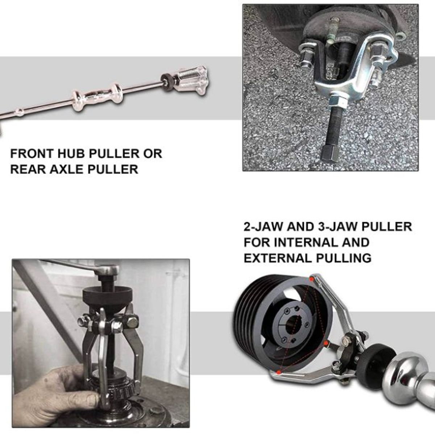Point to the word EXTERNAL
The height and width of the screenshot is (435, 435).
tap(275, 258)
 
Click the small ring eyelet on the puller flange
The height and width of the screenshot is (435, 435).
tap(400, 36)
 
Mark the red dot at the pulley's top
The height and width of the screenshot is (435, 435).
tap(312, 278)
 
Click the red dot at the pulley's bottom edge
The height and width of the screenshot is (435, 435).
tap(278, 372)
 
